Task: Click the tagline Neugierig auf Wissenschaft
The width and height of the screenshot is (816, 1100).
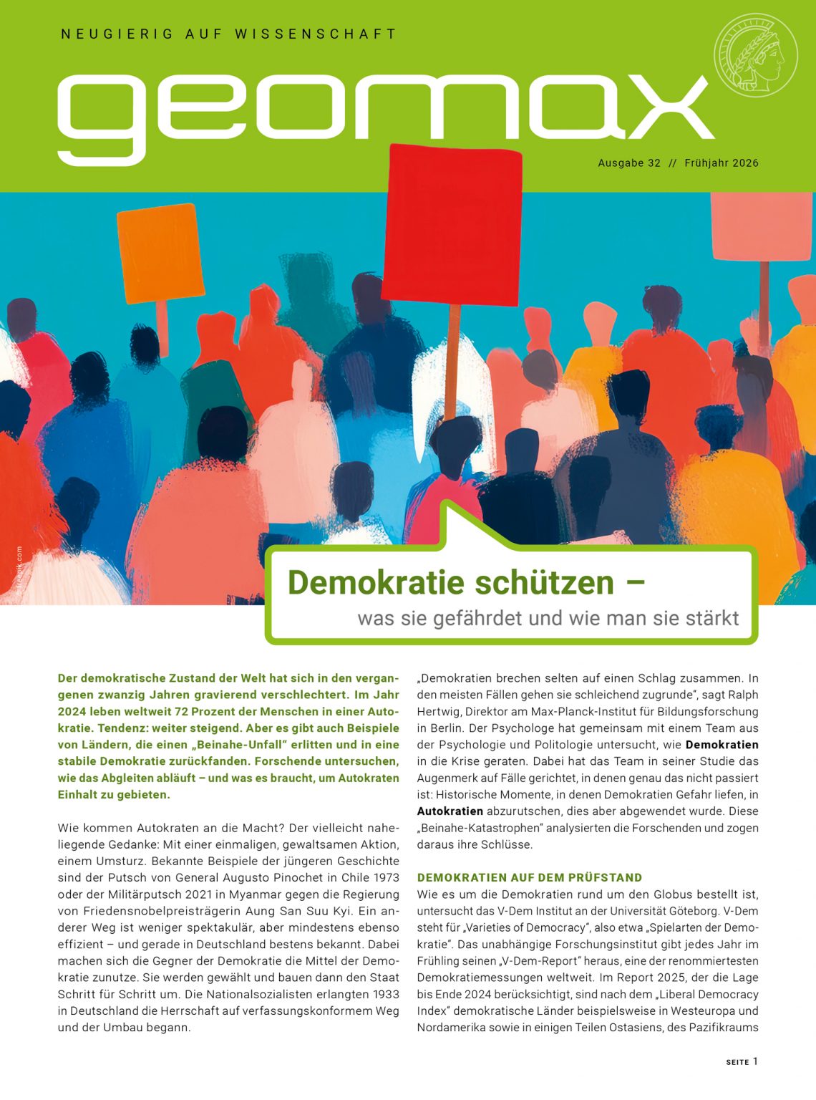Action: pos(228,34)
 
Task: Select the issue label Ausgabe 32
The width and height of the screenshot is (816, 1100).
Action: pos(629,163)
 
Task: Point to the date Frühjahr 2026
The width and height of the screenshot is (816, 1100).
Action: pos(721,163)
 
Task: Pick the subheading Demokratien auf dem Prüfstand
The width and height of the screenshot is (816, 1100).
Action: pos(530,877)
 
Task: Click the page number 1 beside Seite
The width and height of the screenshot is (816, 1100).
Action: pos(754,1061)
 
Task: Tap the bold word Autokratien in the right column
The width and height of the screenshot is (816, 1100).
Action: pos(450,811)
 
